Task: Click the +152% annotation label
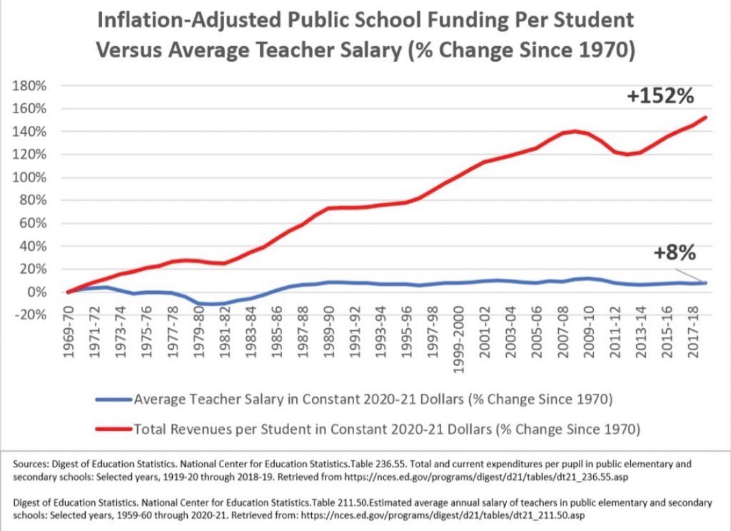click(x=660, y=97)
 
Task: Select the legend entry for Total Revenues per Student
click(x=387, y=429)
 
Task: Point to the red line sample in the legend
click(x=113, y=430)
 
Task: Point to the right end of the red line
click(x=706, y=118)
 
